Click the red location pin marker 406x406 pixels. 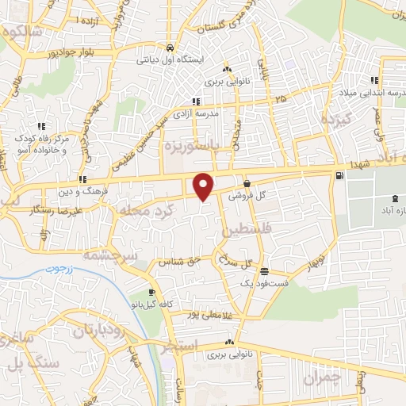click(204, 186)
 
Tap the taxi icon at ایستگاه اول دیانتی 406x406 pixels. click(170, 48)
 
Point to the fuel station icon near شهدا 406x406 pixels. click(339, 175)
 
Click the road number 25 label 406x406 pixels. click(281, 99)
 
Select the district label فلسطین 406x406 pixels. click(235, 231)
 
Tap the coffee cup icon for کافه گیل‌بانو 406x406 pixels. click(141, 293)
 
